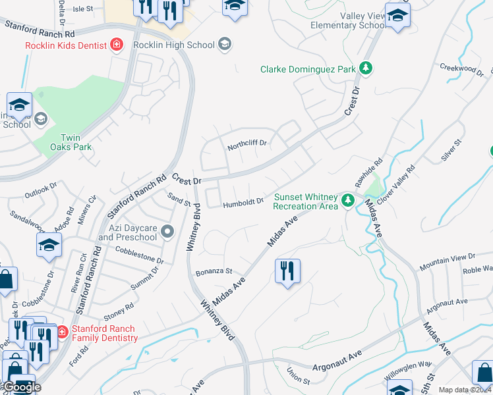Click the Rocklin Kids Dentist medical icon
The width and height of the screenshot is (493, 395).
[x=117, y=45]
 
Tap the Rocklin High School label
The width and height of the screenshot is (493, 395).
[x=174, y=45]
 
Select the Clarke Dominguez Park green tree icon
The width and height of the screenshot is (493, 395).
[x=364, y=68]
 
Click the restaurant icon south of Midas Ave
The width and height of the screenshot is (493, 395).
[x=287, y=271]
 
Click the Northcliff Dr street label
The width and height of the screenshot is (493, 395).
[x=246, y=143]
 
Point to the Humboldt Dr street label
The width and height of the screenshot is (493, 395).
[x=243, y=203]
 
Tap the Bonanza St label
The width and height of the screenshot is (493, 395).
[x=214, y=271]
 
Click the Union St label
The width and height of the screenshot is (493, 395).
[x=298, y=379]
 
